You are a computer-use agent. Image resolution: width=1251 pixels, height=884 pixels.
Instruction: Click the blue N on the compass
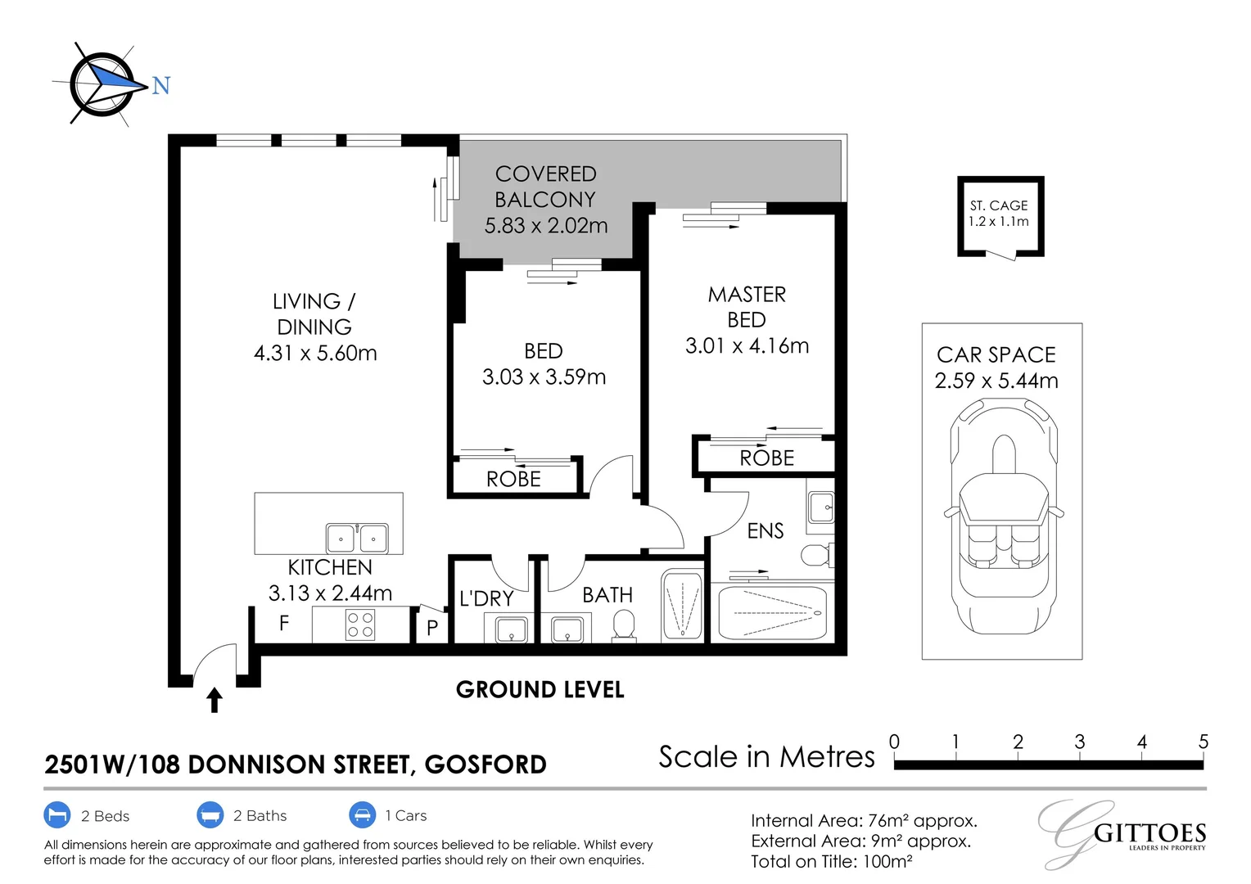(x=160, y=85)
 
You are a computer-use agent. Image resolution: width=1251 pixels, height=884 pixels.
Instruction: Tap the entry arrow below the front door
(x=215, y=700)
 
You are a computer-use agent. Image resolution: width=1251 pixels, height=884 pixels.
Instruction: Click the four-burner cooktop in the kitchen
(x=360, y=625)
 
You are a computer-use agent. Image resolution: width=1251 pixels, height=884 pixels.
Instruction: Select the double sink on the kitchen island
(x=357, y=538)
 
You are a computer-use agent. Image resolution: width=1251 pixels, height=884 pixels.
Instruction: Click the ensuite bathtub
(x=772, y=612)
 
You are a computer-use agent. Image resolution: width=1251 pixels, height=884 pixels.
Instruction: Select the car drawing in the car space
(x=1004, y=516)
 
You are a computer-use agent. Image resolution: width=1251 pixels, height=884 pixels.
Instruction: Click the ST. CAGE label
(x=999, y=205)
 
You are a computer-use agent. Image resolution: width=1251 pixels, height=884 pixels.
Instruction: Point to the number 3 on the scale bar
(x=1080, y=742)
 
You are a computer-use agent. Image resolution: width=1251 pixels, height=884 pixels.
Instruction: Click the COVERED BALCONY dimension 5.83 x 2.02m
(x=545, y=226)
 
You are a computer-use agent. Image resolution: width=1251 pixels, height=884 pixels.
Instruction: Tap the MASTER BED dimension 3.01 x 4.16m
(x=747, y=346)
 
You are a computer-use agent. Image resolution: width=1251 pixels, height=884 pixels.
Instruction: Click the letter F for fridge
(x=284, y=623)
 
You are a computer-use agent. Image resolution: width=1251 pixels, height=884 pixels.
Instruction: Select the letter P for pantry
(x=431, y=628)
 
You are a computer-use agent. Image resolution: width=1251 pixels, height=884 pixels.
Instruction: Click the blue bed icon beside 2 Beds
(x=57, y=814)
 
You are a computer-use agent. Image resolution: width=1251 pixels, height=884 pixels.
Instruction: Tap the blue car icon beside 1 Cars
(x=362, y=814)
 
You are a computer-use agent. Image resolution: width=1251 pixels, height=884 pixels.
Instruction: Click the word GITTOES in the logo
(x=1150, y=834)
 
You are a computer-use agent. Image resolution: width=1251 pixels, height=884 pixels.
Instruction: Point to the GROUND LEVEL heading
(x=540, y=690)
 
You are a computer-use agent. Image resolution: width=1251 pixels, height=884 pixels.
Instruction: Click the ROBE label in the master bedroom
(x=767, y=458)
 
